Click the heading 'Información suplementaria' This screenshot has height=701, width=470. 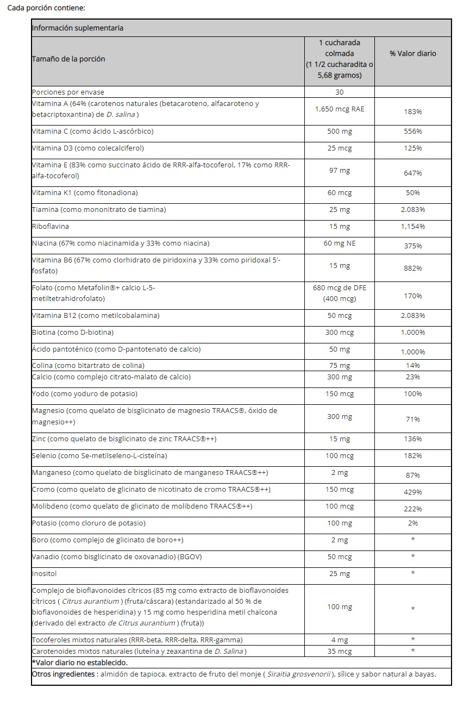pyautogui.click(x=78, y=28)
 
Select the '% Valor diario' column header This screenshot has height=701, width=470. pyautogui.click(x=412, y=53)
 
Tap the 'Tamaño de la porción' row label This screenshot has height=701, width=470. pyautogui.click(x=68, y=59)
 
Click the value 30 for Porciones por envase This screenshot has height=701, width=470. pyautogui.click(x=340, y=92)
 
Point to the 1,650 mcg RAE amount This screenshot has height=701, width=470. pyautogui.click(x=340, y=109)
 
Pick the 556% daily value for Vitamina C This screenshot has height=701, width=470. pyautogui.click(x=412, y=132)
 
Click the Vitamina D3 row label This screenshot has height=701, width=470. pyautogui.click(x=88, y=148)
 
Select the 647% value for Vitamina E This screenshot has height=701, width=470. pyautogui.click(x=412, y=173)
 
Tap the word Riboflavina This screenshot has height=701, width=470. pyautogui.click(x=51, y=226)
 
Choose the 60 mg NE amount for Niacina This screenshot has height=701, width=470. pyautogui.click(x=340, y=243)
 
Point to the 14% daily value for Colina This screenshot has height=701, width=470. pyautogui.click(x=412, y=366)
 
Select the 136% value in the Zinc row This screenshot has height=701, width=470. pyautogui.click(x=412, y=439)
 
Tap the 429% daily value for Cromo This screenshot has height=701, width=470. pyautogui.click(x=412, y=492)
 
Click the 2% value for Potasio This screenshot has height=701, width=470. pyautogui.click(x=412, y=523)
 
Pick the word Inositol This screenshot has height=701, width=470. pyautogui.click(x=45, y=573)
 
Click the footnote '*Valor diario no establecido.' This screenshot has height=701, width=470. pyautogui.click(x=80, y=662)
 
